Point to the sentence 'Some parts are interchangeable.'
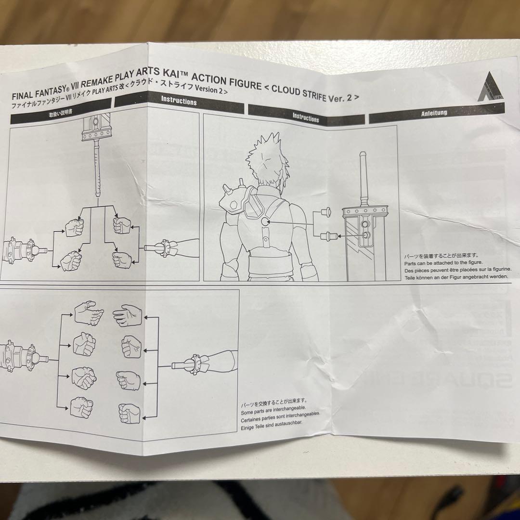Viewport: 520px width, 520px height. pyautogui.click(x=273, y=407)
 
